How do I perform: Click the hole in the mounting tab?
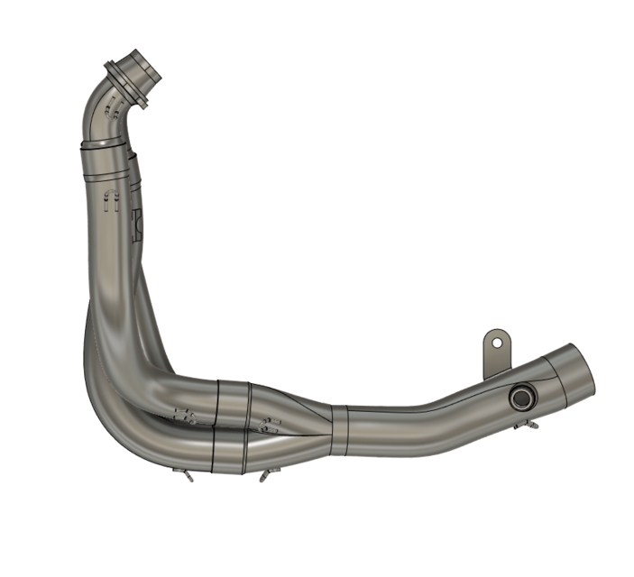[x=494, y=341]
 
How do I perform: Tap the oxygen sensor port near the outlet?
[x=520, y=398]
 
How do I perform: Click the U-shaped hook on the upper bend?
[x=112, y=114]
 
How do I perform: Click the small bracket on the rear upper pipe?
[x=137, y=222]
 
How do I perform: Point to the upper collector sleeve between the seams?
[x=233, y=402]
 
